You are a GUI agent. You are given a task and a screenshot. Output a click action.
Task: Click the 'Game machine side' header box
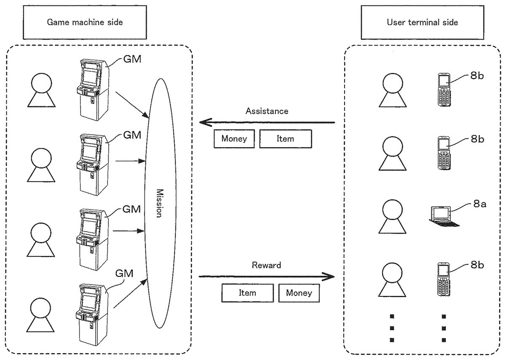tap(85, 22)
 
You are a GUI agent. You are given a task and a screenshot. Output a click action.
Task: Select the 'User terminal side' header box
tap(422, 22)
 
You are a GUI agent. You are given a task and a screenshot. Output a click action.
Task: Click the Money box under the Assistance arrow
tap(234, 139)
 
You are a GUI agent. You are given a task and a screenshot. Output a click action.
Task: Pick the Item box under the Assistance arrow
tap(285, 139)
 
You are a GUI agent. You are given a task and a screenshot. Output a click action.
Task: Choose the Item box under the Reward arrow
tap(248, 293)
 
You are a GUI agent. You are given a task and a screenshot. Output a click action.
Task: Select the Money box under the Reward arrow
tap(299, 293)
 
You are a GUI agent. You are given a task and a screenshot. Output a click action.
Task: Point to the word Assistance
tap(267, 111)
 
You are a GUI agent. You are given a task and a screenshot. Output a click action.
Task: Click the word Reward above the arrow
tap(266, 266)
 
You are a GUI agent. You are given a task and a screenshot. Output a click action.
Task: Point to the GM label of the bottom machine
tap(124, 274)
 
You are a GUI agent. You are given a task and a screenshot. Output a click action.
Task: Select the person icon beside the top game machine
tap(41, 90)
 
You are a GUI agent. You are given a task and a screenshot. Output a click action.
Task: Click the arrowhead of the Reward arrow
tap(329, 277)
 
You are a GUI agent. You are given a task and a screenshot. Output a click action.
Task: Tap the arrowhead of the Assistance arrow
tap(205, 123)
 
